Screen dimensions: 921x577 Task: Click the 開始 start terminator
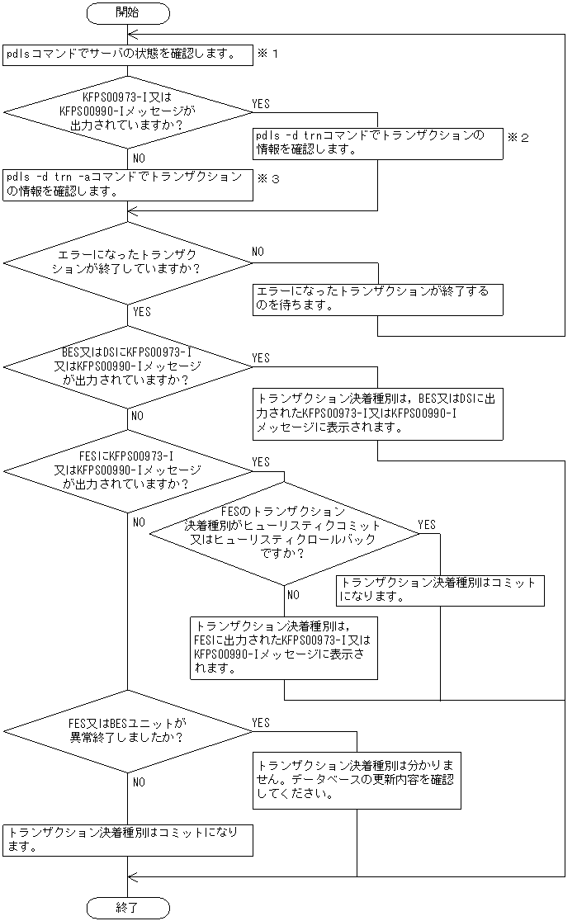coord(128,13)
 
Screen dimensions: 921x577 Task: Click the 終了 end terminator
coord(128,908)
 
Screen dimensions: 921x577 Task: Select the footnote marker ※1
coord(269,54)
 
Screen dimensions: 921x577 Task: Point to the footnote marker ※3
coord(269,178)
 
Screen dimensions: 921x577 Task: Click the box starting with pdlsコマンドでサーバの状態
coord(128,54)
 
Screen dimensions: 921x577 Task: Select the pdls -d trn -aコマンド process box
coord(128,184)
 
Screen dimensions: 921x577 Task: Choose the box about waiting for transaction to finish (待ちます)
coord(377,299)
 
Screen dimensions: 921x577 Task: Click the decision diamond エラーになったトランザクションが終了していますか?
coord(128,263)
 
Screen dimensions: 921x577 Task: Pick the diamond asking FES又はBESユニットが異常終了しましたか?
coord(128,730)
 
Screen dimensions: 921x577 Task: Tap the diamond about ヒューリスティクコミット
coord(284,533)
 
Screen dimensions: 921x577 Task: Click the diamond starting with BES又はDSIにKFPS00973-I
coord(128,366)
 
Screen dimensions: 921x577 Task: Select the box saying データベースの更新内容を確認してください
coord(357,779)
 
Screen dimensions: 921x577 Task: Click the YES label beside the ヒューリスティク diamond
coord(427,525)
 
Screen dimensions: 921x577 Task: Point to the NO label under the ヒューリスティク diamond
coord(293,594)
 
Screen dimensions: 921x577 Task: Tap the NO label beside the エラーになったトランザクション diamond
coord(258,251)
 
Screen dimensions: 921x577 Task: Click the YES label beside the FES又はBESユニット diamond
coord(261,723)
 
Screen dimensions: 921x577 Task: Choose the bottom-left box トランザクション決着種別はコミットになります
coord(128,839)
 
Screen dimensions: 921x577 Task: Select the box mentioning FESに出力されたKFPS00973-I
coord(284,648)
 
